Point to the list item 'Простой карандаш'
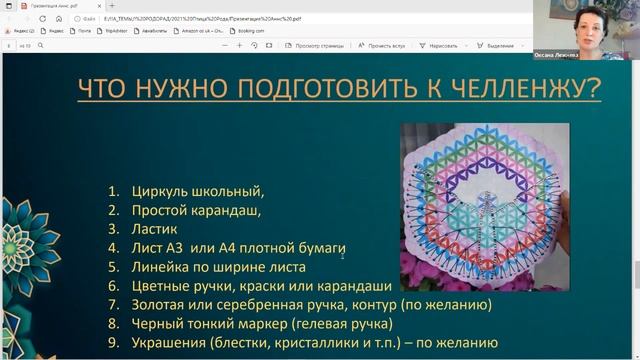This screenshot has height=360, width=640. coord(196,209)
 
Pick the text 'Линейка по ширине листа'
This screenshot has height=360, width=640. coord(219,266)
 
